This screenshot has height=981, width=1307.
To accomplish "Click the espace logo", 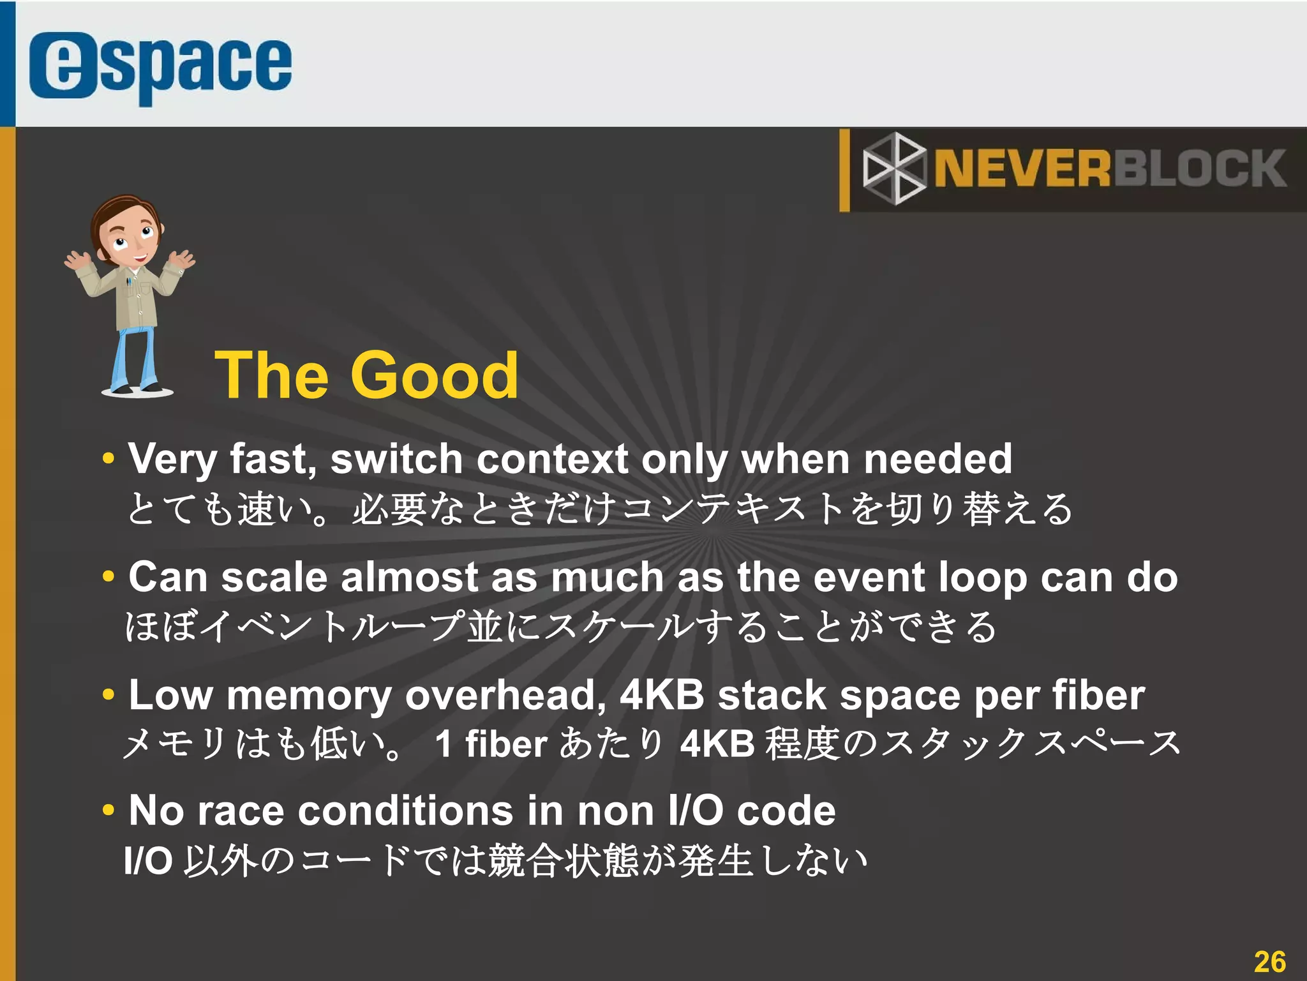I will [x=160, y=66].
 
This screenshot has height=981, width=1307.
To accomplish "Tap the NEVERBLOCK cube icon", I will [x=893, y=168].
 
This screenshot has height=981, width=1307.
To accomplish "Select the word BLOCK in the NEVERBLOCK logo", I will [x=1200, y=169].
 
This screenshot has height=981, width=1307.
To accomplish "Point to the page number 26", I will [x=1269, y=961].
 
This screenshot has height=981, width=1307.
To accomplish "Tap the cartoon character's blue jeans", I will [x=134, y=357].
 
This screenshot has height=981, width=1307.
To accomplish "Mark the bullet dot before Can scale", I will [x=108, y=576].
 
